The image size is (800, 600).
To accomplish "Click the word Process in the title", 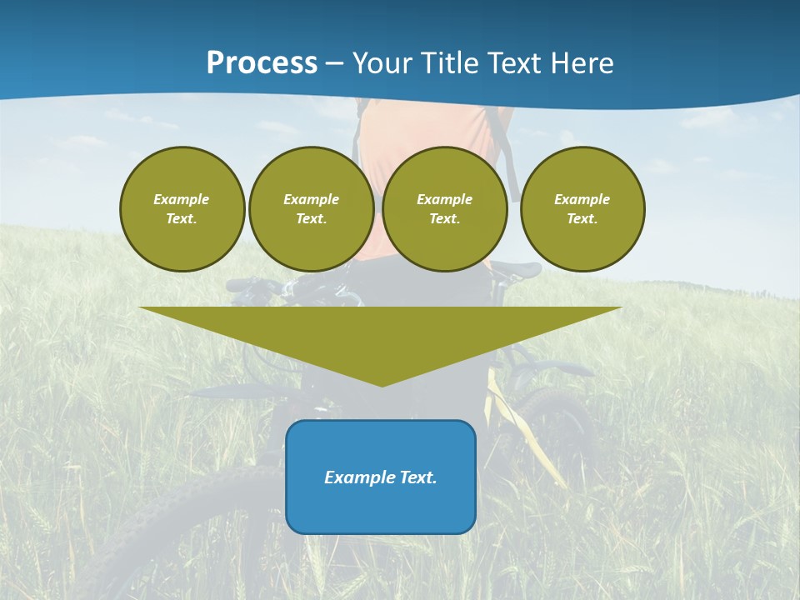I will (x=262, y=63).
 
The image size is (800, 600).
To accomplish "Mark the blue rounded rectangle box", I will (x=381, y=508).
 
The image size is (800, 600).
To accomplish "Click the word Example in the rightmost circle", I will (x=582, y=199).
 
